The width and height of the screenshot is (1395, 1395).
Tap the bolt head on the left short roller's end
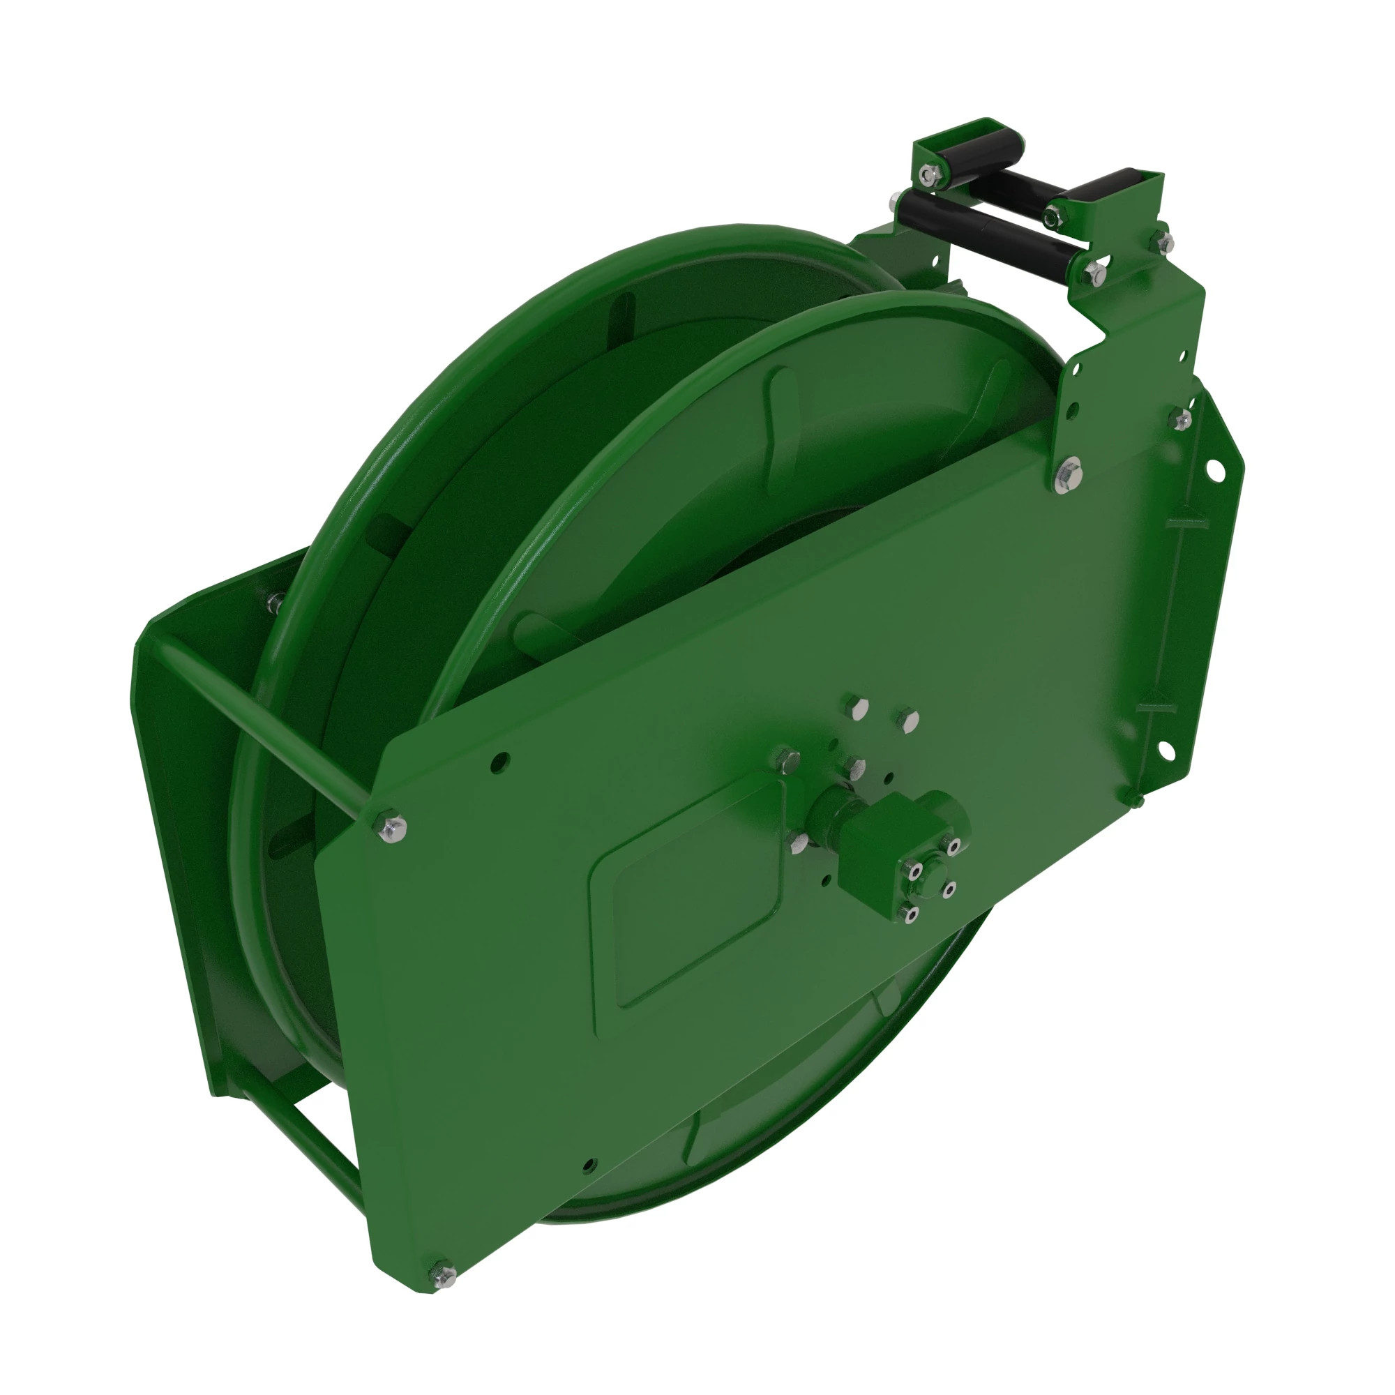coord(928,172)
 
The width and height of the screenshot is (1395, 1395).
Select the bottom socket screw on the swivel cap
coord(911,916)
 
